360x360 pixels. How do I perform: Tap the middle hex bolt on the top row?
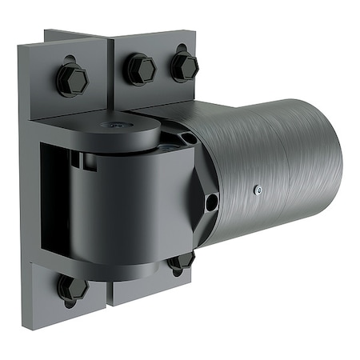tap(140, 69)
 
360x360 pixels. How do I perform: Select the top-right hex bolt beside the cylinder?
tap(184, 65)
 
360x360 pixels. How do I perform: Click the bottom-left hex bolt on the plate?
tap(72, 287)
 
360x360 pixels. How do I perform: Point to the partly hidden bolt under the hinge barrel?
tap(182, 261)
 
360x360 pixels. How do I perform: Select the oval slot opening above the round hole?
tap(190, 138)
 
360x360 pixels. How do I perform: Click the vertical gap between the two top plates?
tap(110, 72)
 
